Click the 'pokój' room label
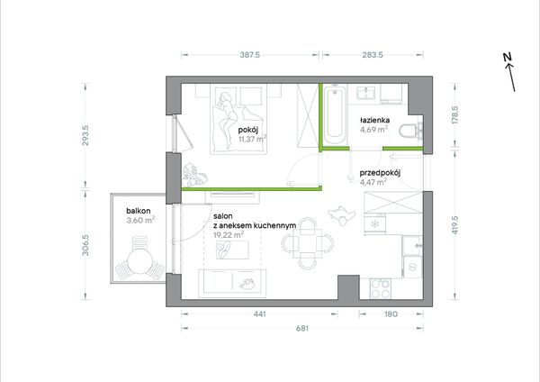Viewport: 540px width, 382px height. [x=248, y=131]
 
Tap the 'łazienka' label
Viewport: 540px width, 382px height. [x=375, y=121]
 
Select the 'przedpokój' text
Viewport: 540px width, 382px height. [x=380, y=173]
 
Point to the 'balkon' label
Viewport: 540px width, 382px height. [x=139, y=211]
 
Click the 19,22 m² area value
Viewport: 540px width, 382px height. [x=229, y=235]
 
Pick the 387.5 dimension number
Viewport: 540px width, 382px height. [x=250, y=55]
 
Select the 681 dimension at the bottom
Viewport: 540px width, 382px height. [x=302, y=328]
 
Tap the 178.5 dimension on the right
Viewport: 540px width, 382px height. [x=454, y=114]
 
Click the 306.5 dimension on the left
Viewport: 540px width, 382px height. [x=85, y=245]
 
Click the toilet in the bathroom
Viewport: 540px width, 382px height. [x=411, y=132]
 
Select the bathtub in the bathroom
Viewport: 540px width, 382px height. [x=335, y=116]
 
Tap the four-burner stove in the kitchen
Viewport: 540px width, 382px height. [x=381, y=289]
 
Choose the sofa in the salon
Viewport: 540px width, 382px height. [x=232, y=283]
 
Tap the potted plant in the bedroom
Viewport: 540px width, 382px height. [x=194, y=176]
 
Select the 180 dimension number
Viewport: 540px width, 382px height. [x=391, y=314]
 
